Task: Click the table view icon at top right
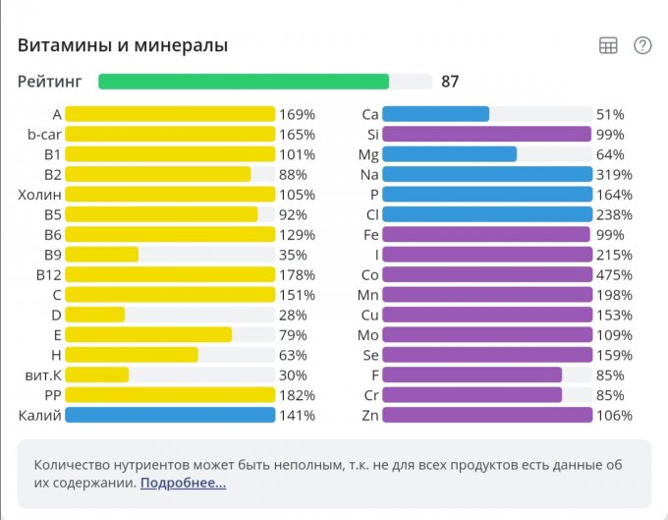click(608, 45)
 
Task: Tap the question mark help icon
click(642, 45)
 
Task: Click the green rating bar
click(244, 82)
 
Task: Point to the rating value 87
click(450, 82)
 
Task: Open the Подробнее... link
click(183, 483)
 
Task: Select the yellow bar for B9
click(101, 255)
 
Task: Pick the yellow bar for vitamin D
click(94, 315)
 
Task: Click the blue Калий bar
click(169, 415)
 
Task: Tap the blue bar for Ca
click(435, 114)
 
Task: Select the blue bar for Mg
click(449, 154)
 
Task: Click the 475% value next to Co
click(614, 274)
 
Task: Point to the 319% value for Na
click(614, 174)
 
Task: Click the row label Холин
click(39, 195)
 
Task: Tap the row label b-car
click(45, 135)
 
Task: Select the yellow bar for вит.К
click(96, 375)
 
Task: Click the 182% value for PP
click(297, 395)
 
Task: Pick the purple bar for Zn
click(487, 415)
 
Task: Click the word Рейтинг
click(49, 82)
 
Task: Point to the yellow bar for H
click(131, 355)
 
